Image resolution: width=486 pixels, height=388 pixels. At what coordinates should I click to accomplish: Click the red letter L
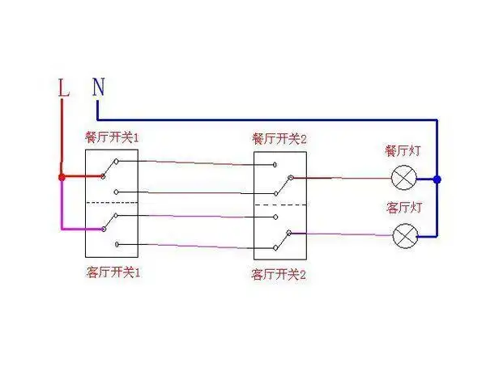[x=64, y=88]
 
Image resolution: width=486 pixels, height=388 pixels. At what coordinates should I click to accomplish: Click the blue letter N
[x=98, y=86]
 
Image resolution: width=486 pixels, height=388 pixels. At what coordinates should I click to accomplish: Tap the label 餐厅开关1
[x=112, y=137]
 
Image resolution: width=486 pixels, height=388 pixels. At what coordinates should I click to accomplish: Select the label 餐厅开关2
[x=279, y=137]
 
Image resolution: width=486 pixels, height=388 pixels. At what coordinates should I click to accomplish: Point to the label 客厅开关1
[x=112, y=272]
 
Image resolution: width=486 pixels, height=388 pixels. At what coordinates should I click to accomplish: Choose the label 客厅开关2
[x=279, y=275]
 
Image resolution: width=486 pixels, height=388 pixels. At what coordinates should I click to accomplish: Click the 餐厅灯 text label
[x=403, y=151]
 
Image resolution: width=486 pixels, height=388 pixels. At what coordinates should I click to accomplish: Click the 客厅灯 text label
[x=403, y=208]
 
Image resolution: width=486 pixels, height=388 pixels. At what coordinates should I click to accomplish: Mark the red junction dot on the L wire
[x=62, y=176]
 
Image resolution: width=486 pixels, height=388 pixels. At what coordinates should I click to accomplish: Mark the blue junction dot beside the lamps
[x=437, y=179]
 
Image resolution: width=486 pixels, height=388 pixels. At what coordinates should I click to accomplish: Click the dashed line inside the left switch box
[x=112, y=202]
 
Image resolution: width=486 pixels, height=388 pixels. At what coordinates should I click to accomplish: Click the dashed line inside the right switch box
[x=279, y=206]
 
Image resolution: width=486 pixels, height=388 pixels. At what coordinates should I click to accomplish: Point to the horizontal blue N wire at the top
[x=267, y=118]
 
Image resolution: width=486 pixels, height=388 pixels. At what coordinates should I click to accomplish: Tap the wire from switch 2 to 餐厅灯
[x=348, y=178]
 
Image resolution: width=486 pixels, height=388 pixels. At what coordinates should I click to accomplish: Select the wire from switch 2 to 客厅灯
[x=348, y=235]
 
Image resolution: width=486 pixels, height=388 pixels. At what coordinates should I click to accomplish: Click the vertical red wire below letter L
[x=62, y=137]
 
